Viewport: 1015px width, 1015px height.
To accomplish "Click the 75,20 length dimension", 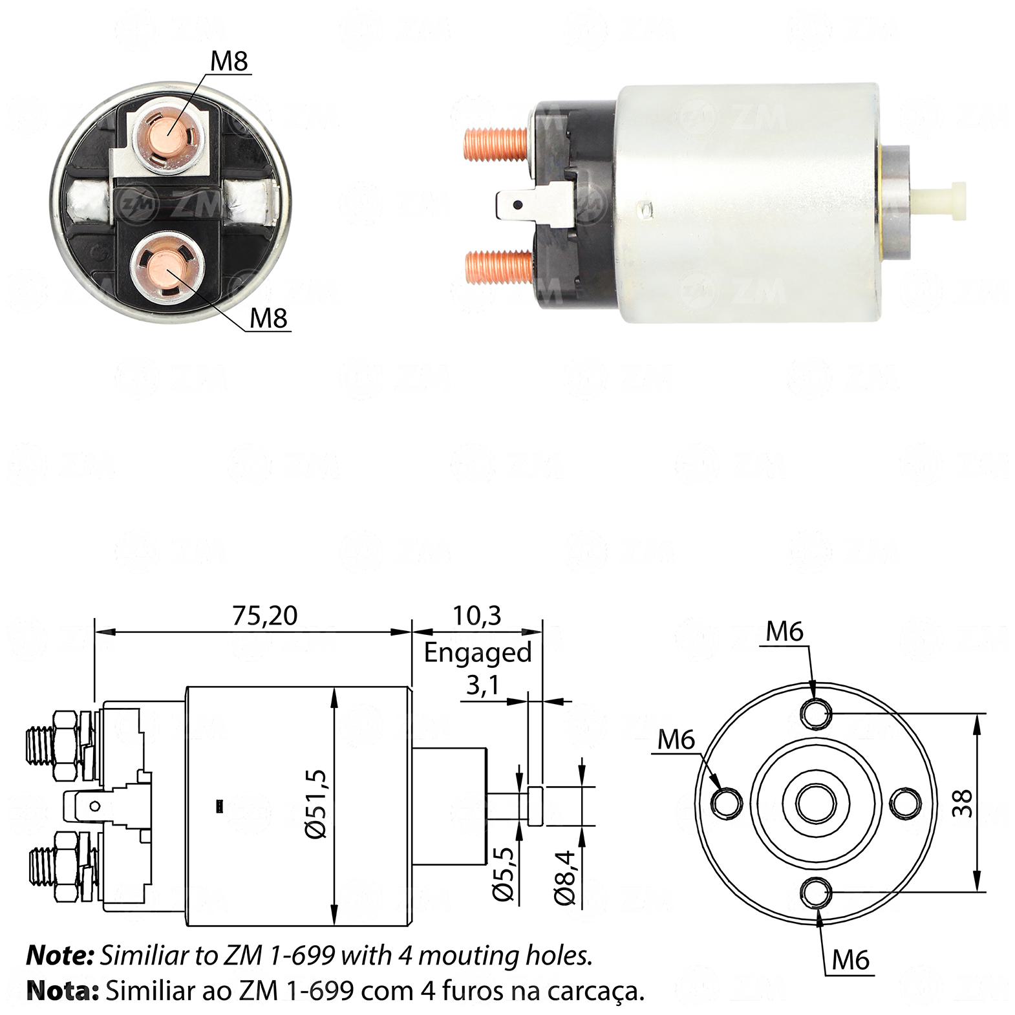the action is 265,615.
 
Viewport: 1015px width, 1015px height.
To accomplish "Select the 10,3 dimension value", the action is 477,615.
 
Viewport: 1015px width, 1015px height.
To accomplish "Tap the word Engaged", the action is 478,653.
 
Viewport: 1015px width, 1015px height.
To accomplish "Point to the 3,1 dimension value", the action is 482,685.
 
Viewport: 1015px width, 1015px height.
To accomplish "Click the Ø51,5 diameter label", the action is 319,804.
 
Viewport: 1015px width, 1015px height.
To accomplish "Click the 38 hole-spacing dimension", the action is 965,804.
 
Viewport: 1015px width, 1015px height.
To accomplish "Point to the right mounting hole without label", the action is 906,804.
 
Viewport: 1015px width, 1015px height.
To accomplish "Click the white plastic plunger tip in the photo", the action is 938,195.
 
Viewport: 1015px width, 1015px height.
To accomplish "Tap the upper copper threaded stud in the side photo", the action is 498,143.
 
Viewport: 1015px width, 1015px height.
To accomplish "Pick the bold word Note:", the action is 61,956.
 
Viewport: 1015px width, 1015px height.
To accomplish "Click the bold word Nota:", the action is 63,990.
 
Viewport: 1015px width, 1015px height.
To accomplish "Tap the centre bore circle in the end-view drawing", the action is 816,804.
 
